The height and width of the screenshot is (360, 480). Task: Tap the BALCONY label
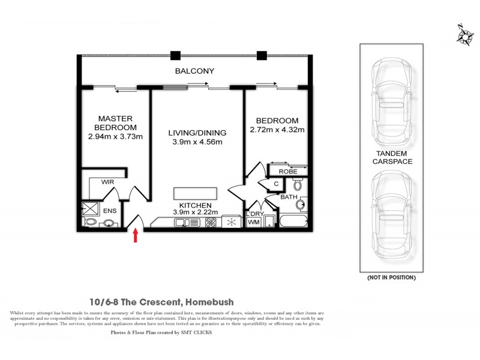[x=194, y=71]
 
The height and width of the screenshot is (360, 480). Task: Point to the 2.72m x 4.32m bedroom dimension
[x=277, y=129]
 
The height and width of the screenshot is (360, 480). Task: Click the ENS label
[x=110, y=211]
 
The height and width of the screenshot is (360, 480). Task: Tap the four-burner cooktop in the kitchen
[x=211, y=223]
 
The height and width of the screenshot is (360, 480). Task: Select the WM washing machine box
[x=254, y=223]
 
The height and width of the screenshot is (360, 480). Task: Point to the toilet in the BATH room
[x=298, y=184]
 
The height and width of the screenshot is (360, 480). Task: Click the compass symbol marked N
[x=463, y=36]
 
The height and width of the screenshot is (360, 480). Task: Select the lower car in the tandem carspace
[x=390, y=213]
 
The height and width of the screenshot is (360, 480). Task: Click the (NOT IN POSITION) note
[x=390, y=278]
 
